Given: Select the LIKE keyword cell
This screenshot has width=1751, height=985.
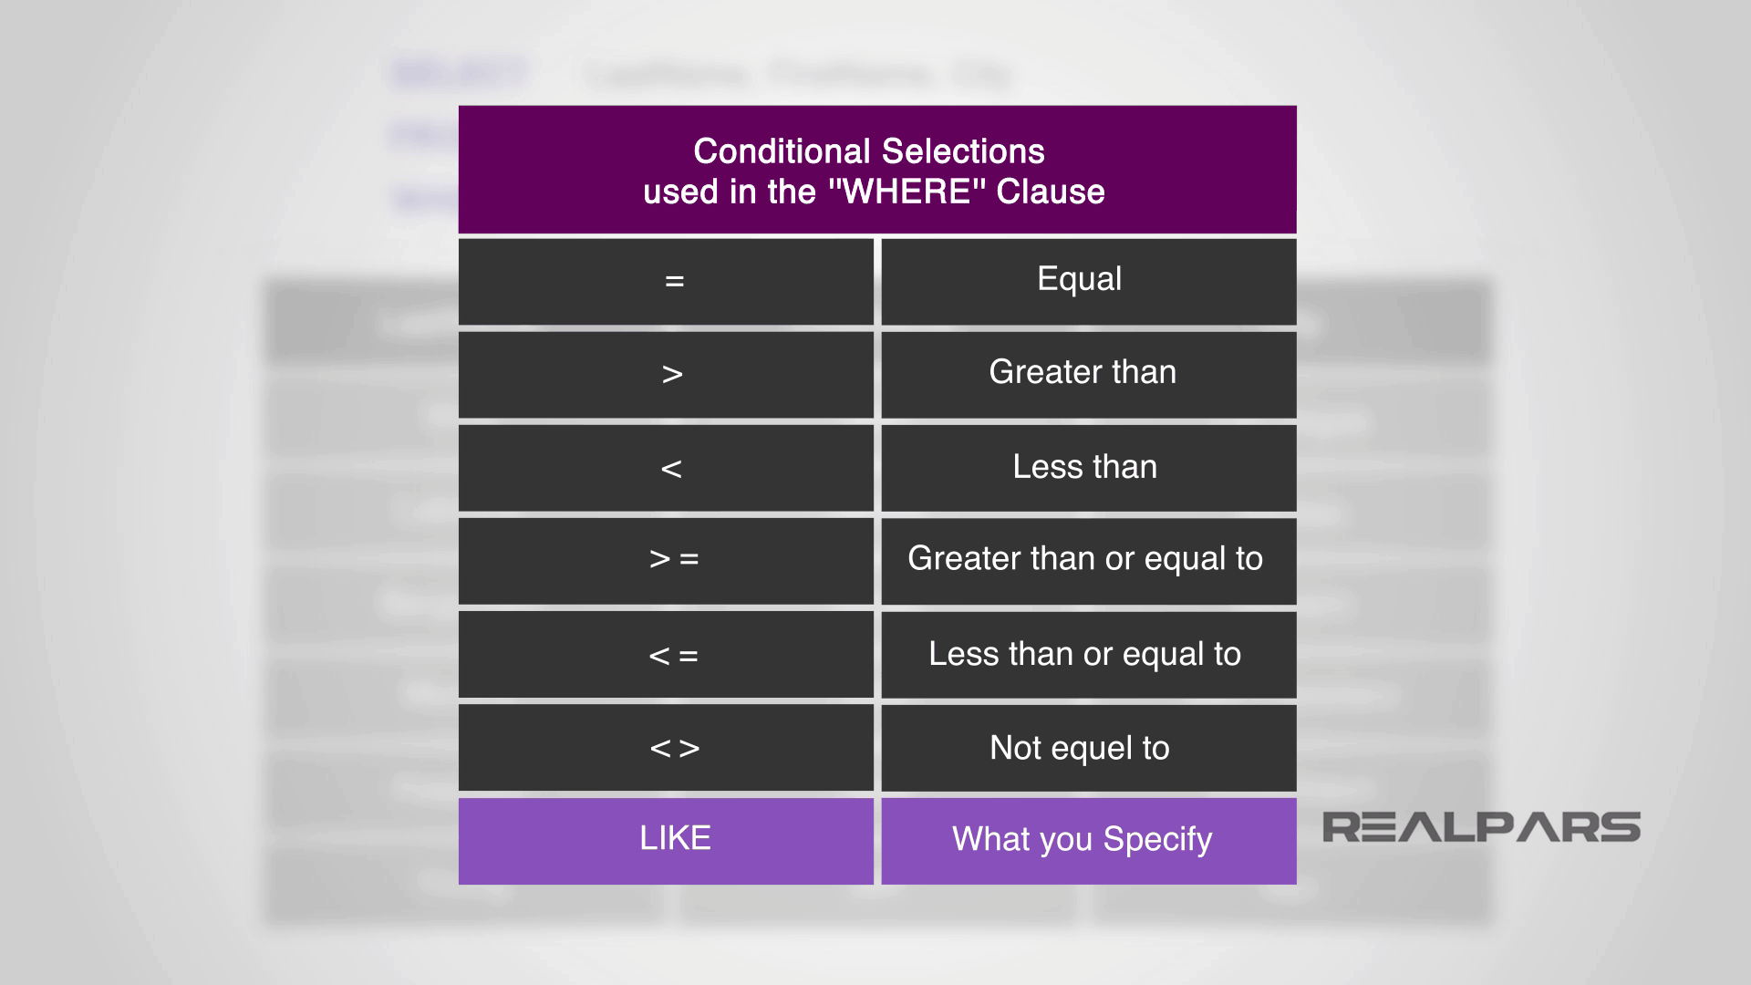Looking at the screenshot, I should pyautogui.click(x=675, y=838).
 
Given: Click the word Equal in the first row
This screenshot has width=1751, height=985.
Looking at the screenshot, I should pyautogui.click(x=1079, y=279).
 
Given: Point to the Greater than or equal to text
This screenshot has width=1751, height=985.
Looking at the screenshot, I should pyautogui.click(x=1084, y=558).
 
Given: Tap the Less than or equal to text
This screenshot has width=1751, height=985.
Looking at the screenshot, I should pyautogui.click(x=1084, y=654).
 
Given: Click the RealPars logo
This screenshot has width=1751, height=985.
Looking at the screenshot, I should pyautogui.click(x=1481, y=827).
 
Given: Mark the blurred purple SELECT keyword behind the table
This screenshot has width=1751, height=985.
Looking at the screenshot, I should pyautogui.click(x=460, y=73).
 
